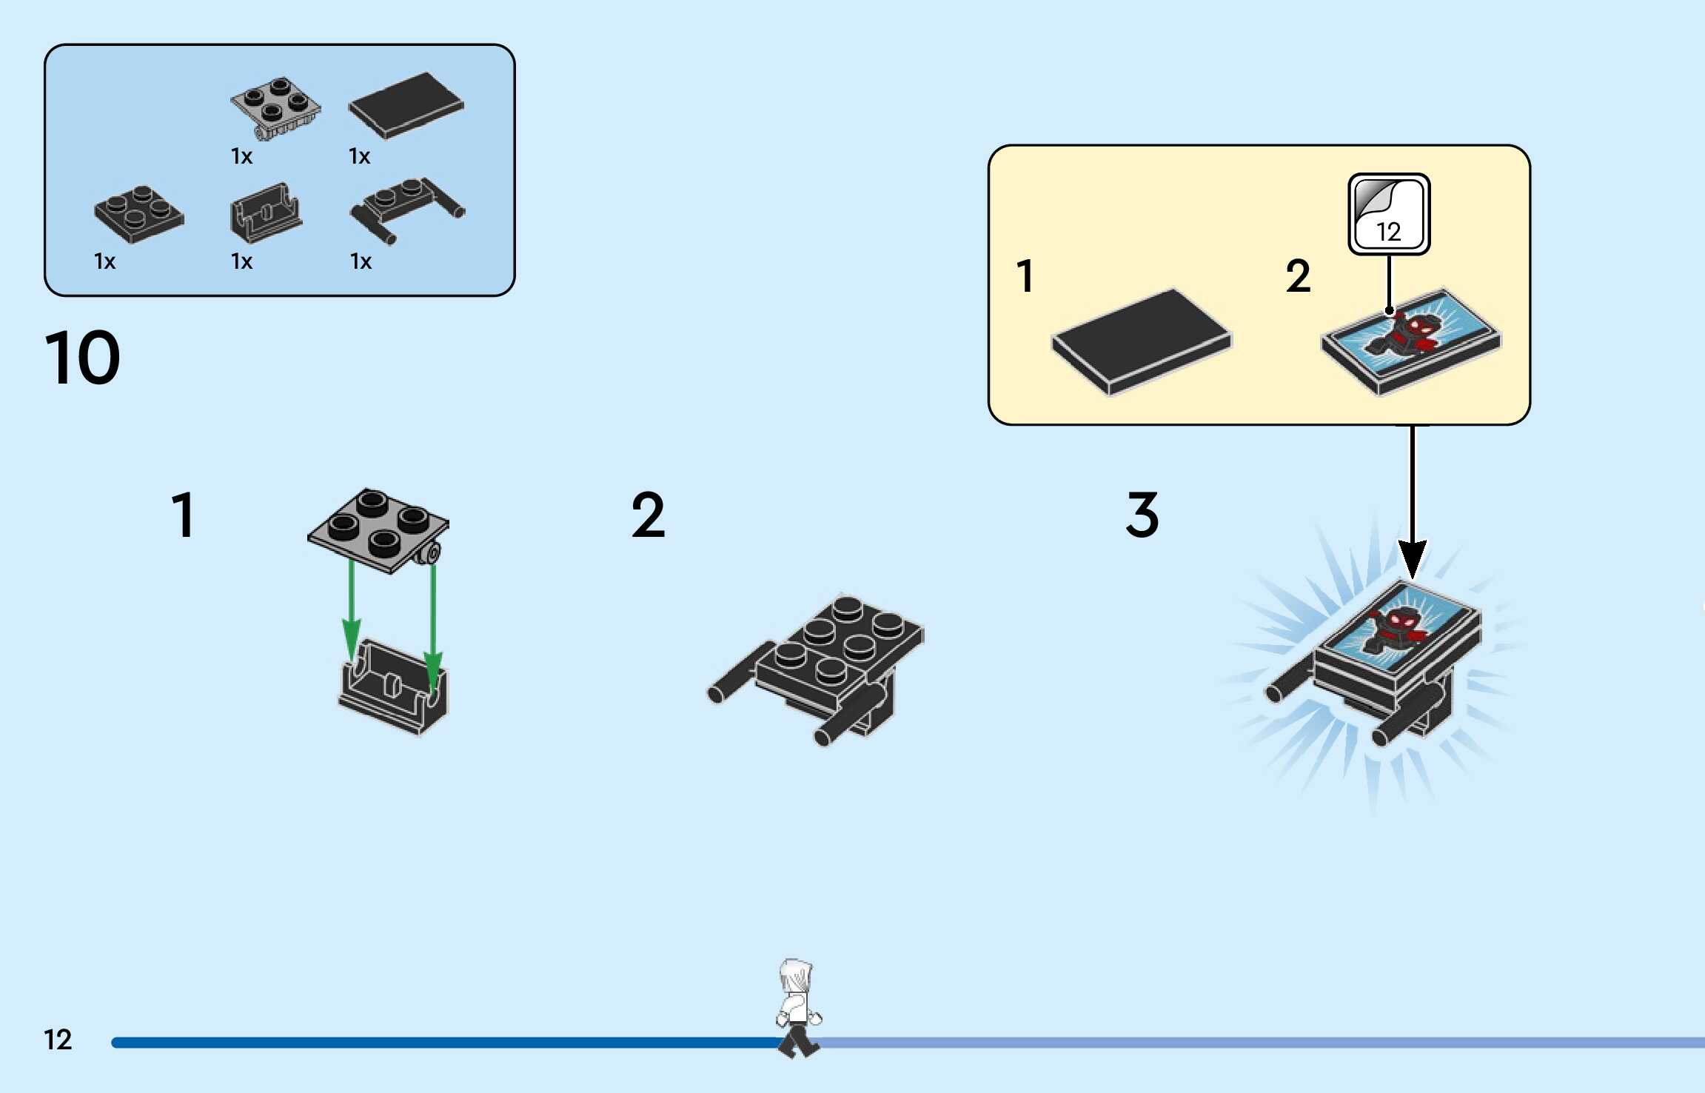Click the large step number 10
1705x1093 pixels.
pyautogui.click(x=82, y=358)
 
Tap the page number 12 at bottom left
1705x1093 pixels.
pyautogui.click(x=58, y=1040)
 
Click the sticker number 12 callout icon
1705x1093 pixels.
pyautogui.click(x=1389, y=215)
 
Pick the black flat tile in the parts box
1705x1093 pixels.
pyautogui.click(x=406, y=105)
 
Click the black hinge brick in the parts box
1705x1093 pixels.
pyautogui.click(x=265, y=213)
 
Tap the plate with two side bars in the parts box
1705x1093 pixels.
pyautogui.click(x=406, y=208)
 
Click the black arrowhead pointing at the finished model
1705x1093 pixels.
pyautogui.click(x=1412, y=559)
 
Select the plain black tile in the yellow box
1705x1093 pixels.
pyautogui.click(x=1141, y=341)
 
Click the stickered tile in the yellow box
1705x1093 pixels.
pyautogui.click(x=1410, y=341)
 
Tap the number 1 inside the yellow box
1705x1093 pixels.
pyautogui.click(x=1025, y=276)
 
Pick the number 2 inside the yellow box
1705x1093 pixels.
pyautogui.click(x=1298, y=276)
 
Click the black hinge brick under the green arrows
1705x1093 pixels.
pyautogui.click(x=393, y=692)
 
